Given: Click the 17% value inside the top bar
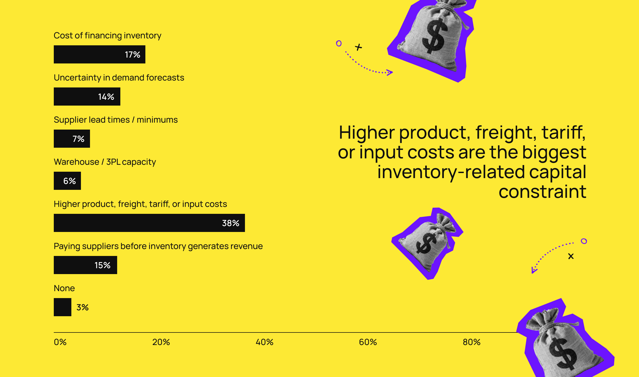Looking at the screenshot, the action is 133,55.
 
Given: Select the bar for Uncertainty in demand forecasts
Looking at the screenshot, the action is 87,97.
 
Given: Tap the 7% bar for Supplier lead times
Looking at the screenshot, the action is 72,139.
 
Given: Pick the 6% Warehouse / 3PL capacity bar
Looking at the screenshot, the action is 67,181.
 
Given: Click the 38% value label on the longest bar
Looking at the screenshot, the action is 231,223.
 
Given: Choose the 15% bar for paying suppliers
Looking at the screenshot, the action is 85,265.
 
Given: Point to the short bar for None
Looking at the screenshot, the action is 63,307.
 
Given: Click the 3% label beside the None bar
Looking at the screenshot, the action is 83,307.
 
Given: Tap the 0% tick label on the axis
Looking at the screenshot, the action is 60,342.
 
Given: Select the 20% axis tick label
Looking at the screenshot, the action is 161,342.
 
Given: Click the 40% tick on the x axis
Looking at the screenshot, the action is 265,342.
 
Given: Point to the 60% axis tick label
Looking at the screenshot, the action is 368,342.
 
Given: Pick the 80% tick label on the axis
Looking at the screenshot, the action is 472,342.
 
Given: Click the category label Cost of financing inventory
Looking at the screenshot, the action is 108,35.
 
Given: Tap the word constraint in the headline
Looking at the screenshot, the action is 542,192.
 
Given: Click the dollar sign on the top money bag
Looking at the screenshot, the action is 434,36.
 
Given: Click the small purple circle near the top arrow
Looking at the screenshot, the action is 339,43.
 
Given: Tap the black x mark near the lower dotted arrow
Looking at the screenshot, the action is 571,256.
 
